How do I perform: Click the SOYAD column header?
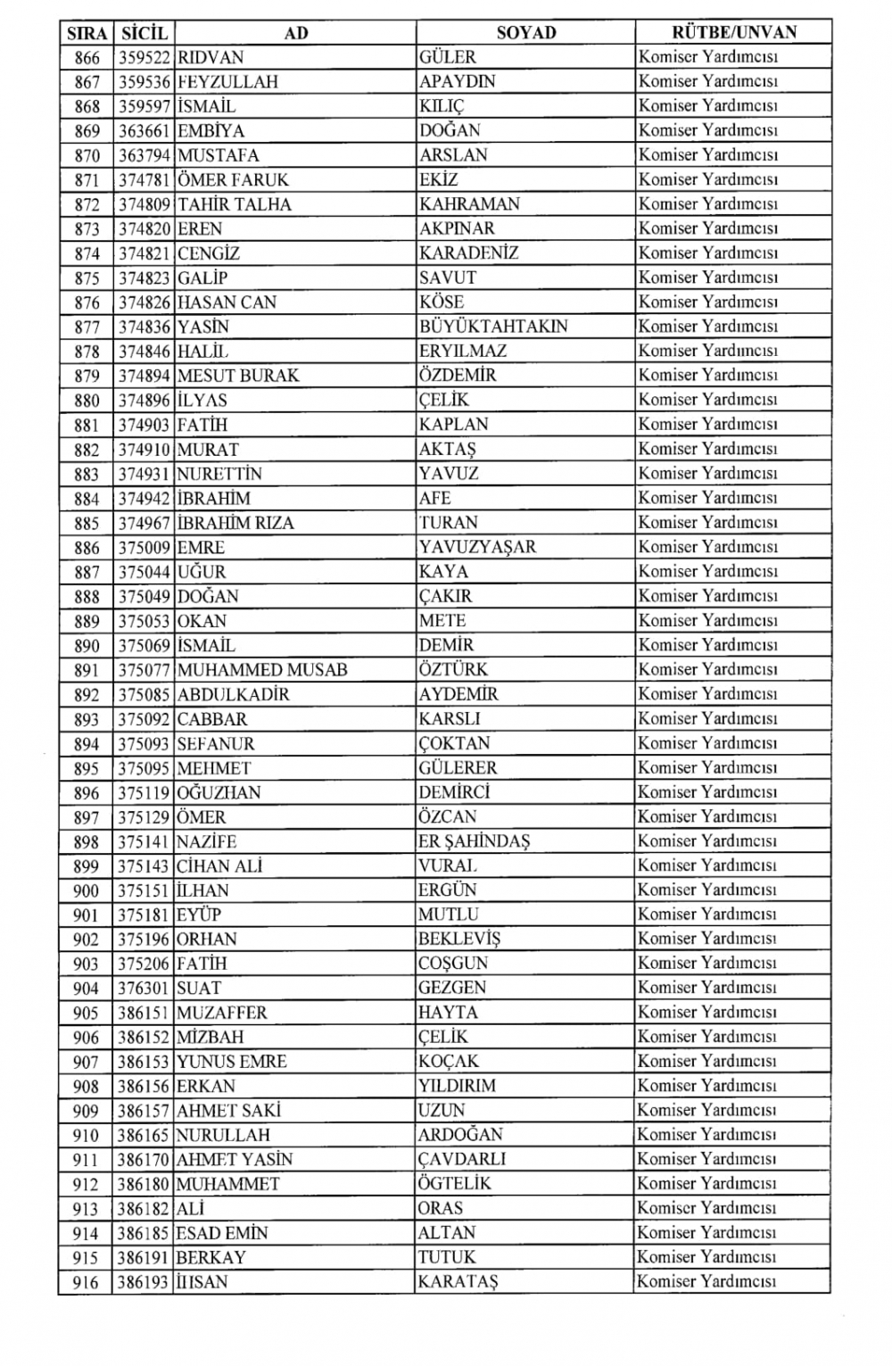click(525, 33)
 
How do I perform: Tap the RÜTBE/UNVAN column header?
click(733, 33)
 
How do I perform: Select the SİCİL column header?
click(144, 33)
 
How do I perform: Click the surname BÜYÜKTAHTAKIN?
click(493, 327)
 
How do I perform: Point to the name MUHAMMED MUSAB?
click(262, 670)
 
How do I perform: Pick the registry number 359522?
click(145, 57)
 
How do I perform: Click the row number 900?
click(87, 890)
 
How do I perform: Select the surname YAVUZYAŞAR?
click(477, 547)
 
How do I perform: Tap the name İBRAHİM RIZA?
click(235, 523)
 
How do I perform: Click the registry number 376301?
click(145, 989)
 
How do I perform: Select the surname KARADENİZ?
click(468, 253)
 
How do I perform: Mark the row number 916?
click(87, 1282)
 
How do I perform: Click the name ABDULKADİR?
click(233, 694)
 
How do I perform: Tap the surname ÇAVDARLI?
click(462, 1160)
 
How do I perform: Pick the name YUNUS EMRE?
click(232, 1062)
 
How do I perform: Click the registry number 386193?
click(145, 1282)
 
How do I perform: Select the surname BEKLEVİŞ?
click(459, 940)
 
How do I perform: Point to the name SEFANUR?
click(215, 743)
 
